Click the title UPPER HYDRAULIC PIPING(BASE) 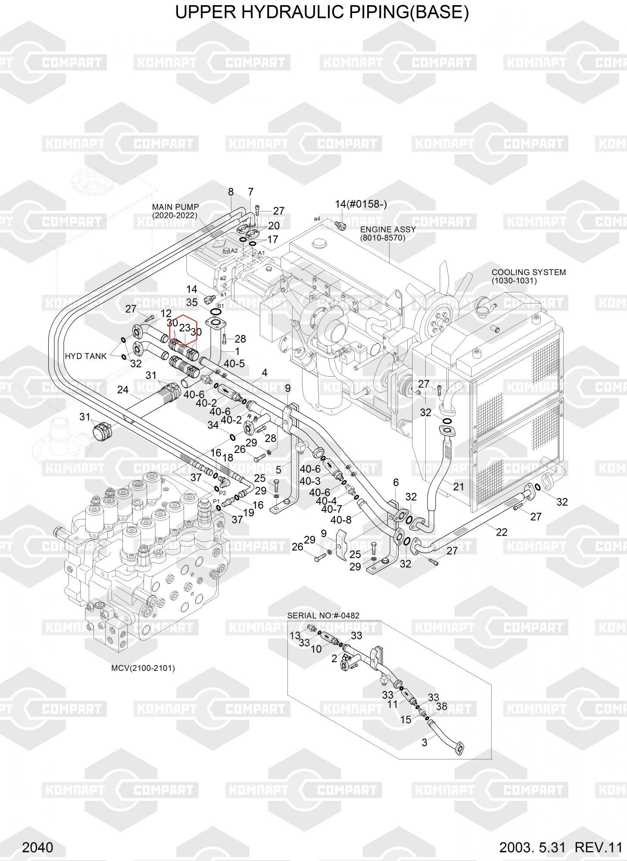click(x=322, y=12)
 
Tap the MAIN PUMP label click(x=175, y=208)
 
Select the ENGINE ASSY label click(x=388, y=229)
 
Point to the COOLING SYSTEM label click(x=528, y=273)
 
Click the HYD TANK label click(x=85, y=356)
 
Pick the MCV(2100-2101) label click(x=143, y=669)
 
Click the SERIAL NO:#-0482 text click(x=323, y=616)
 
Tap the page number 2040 click(x=37, y=847)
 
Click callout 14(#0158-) click(x=361, y=204)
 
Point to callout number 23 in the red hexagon click(x=184, y=328)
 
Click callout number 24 click(x=123, y=390)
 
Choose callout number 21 click(x=459, y=486)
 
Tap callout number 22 click(x=502, y=532)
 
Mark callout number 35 click(x=192, y=302)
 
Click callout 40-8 click(x=341, y=520)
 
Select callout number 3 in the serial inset click(x=424, y=742)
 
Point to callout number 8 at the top click(x=231, y=192)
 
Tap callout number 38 click(x=441, y=706)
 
